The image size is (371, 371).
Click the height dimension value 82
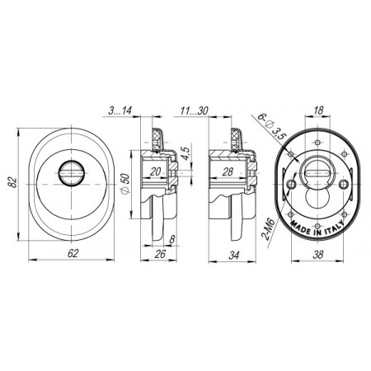[x=12, y=182]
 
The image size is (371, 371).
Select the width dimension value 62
[x=73, y=253]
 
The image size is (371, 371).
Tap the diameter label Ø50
[x=125, y=184]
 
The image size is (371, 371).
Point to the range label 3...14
[x=120, y=110]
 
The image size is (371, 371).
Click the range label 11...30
[x=195, y=110]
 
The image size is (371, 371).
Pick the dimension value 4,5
[x=185, y=153]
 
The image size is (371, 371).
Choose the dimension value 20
[x=155, y=171]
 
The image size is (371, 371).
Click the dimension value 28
[x=228, y=172]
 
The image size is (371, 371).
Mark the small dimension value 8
[x=172, y=239]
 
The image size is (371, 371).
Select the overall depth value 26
[x=160, y=254]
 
